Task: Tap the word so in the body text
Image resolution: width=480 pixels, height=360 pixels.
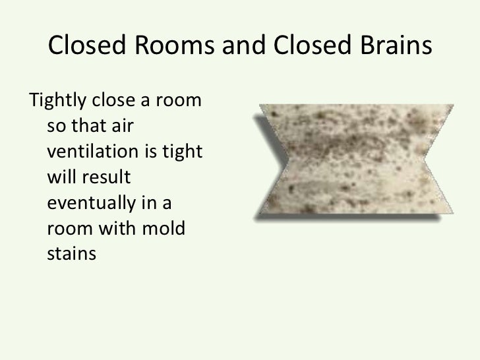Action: click(x=55, y=129)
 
